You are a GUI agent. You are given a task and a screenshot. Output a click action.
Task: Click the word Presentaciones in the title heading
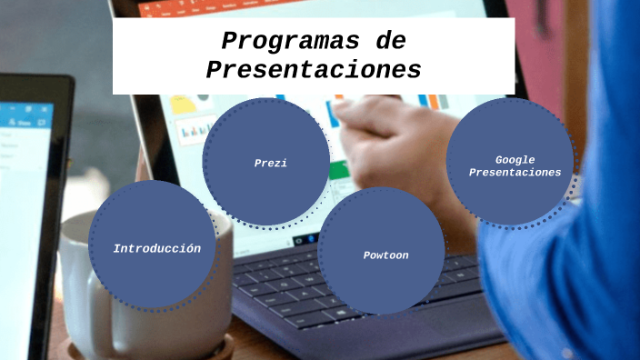pos(314,70)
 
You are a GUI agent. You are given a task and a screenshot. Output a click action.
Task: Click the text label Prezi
pos(271,164)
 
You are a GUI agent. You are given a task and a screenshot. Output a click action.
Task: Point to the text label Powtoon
pos(385,255)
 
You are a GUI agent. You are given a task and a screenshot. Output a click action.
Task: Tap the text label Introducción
pos(156,248)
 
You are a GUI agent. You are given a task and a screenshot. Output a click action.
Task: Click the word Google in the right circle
pos(515,160)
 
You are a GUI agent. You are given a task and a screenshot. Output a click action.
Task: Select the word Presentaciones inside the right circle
pos(515,173)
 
